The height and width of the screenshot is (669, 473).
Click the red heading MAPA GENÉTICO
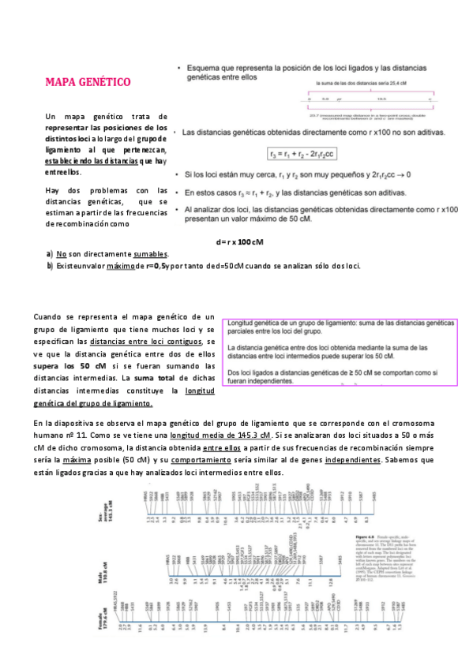pos(88,83)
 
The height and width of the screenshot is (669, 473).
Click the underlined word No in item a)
pos(60,254)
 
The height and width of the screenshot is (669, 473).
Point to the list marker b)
pos(50,266)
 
